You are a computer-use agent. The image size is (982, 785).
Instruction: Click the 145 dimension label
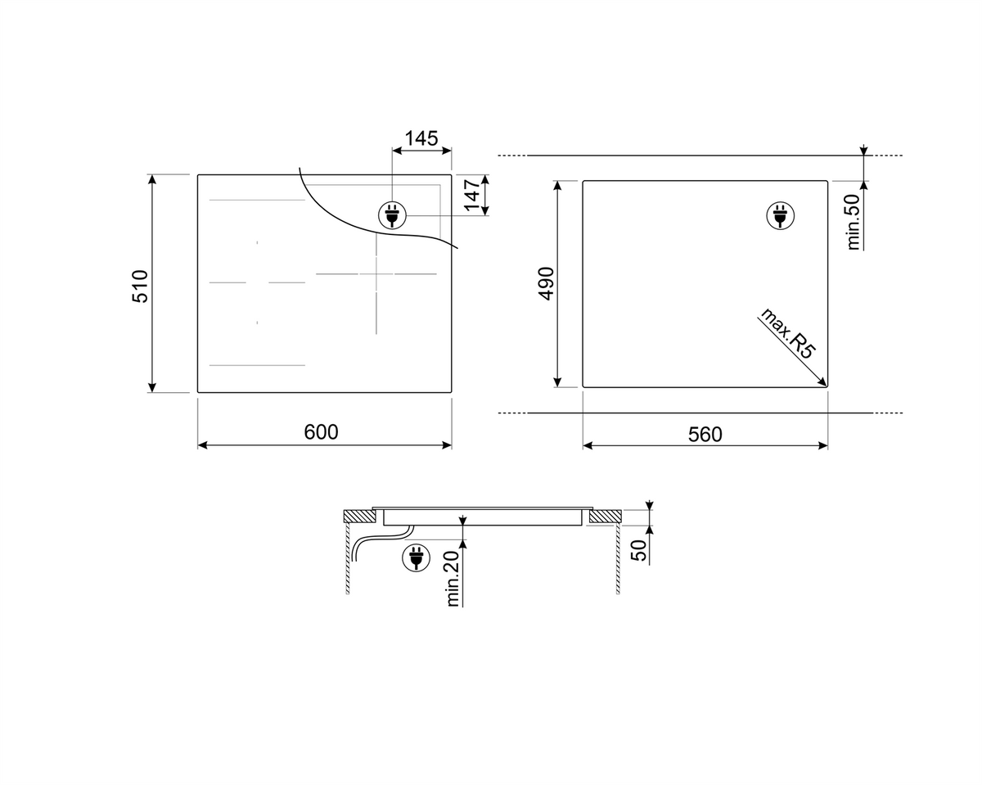[x=421, y=138]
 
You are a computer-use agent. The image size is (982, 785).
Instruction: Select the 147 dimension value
[x=473, y=196]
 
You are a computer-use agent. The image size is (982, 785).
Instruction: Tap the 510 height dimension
[x=140, y=286]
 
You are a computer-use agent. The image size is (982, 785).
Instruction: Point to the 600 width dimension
[x=322, y=431]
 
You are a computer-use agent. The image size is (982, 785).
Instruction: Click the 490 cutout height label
[x=546, y=284]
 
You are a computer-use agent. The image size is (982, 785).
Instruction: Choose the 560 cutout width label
[x=705, y=435]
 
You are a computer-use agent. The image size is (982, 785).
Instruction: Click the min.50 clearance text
[x=853, y=222]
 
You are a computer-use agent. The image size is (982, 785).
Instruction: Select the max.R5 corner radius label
[x=787, y=333]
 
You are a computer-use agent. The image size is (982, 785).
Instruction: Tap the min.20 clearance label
[x=453, y=579]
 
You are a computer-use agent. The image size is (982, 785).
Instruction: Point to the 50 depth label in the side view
[x=638, y=550]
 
